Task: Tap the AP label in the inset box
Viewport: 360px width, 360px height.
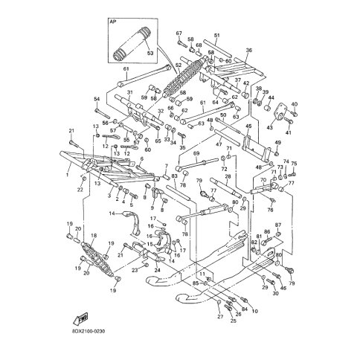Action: click(114, 22)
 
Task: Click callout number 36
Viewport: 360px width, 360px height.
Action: click(249, 51)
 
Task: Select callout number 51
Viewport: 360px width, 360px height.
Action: click(216, 35)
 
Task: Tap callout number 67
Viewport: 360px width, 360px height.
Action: click(179, 33)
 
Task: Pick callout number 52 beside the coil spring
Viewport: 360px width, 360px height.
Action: click(178, 65)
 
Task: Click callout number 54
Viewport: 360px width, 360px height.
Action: click(96, 99)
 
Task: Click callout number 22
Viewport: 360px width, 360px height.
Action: click(80, 190)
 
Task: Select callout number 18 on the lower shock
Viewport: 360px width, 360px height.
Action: click(93, 236)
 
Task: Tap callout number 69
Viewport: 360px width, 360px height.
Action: click(196, 154)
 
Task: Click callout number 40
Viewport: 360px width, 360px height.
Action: click(294, 104)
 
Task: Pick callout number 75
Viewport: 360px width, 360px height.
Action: click(294, 164)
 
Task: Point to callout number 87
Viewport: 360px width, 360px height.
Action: click(278, 225)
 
